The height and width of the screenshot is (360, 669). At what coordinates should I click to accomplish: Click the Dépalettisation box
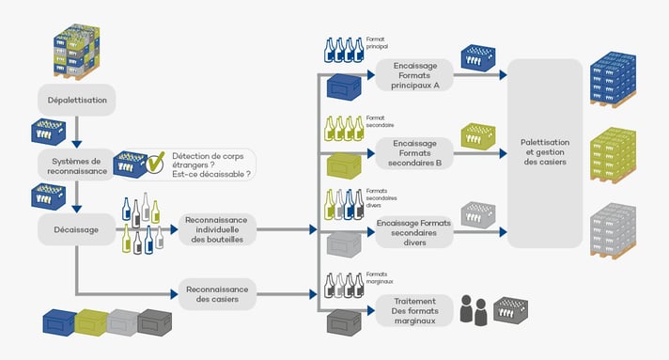(77, 99)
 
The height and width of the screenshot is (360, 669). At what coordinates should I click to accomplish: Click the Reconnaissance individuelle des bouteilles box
(216, 228)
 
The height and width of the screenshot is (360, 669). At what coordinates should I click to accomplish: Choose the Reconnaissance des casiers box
(216, 294)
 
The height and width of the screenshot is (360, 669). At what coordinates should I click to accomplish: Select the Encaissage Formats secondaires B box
(414, 151)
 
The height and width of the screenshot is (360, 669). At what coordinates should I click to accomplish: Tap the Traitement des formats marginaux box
(414, 310)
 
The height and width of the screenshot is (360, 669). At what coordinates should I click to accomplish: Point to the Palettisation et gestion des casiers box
(545, 152)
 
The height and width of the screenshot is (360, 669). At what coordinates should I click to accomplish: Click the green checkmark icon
(156, 163)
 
